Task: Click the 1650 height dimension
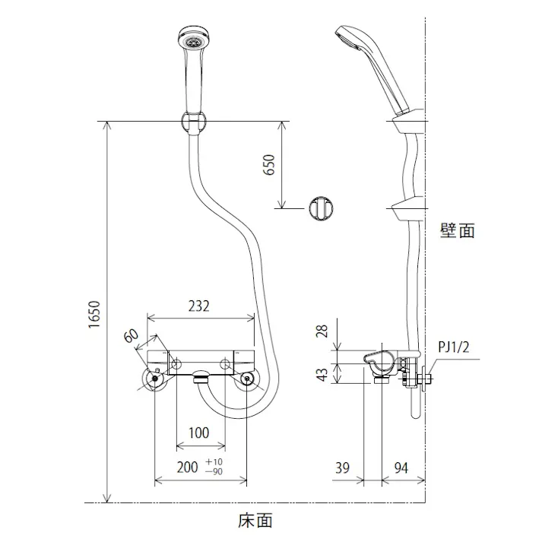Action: point(93,314)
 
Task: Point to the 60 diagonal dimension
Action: point(130,336)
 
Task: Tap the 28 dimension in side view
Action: point(322,331)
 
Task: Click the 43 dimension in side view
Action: point(322,373)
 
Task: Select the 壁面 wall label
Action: point(457,230)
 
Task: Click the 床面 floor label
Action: point(255,521)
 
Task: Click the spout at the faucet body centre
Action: point(201,375)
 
